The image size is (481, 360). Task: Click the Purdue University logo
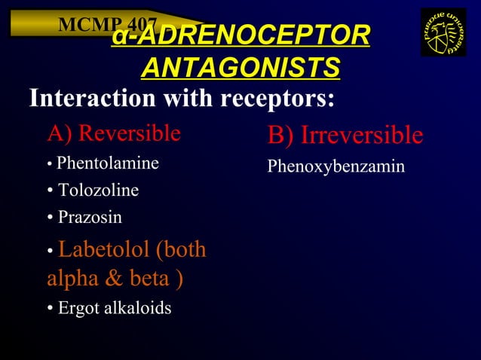coord(443,32)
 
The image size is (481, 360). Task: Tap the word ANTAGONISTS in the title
coord(240,68)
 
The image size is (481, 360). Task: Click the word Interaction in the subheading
coord(87,99)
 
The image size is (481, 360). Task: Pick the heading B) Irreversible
coord(345,136)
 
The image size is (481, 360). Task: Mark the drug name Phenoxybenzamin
coord(335,166)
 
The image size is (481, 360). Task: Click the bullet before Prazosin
coord(49,218)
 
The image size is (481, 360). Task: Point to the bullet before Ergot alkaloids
coord(49,309)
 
